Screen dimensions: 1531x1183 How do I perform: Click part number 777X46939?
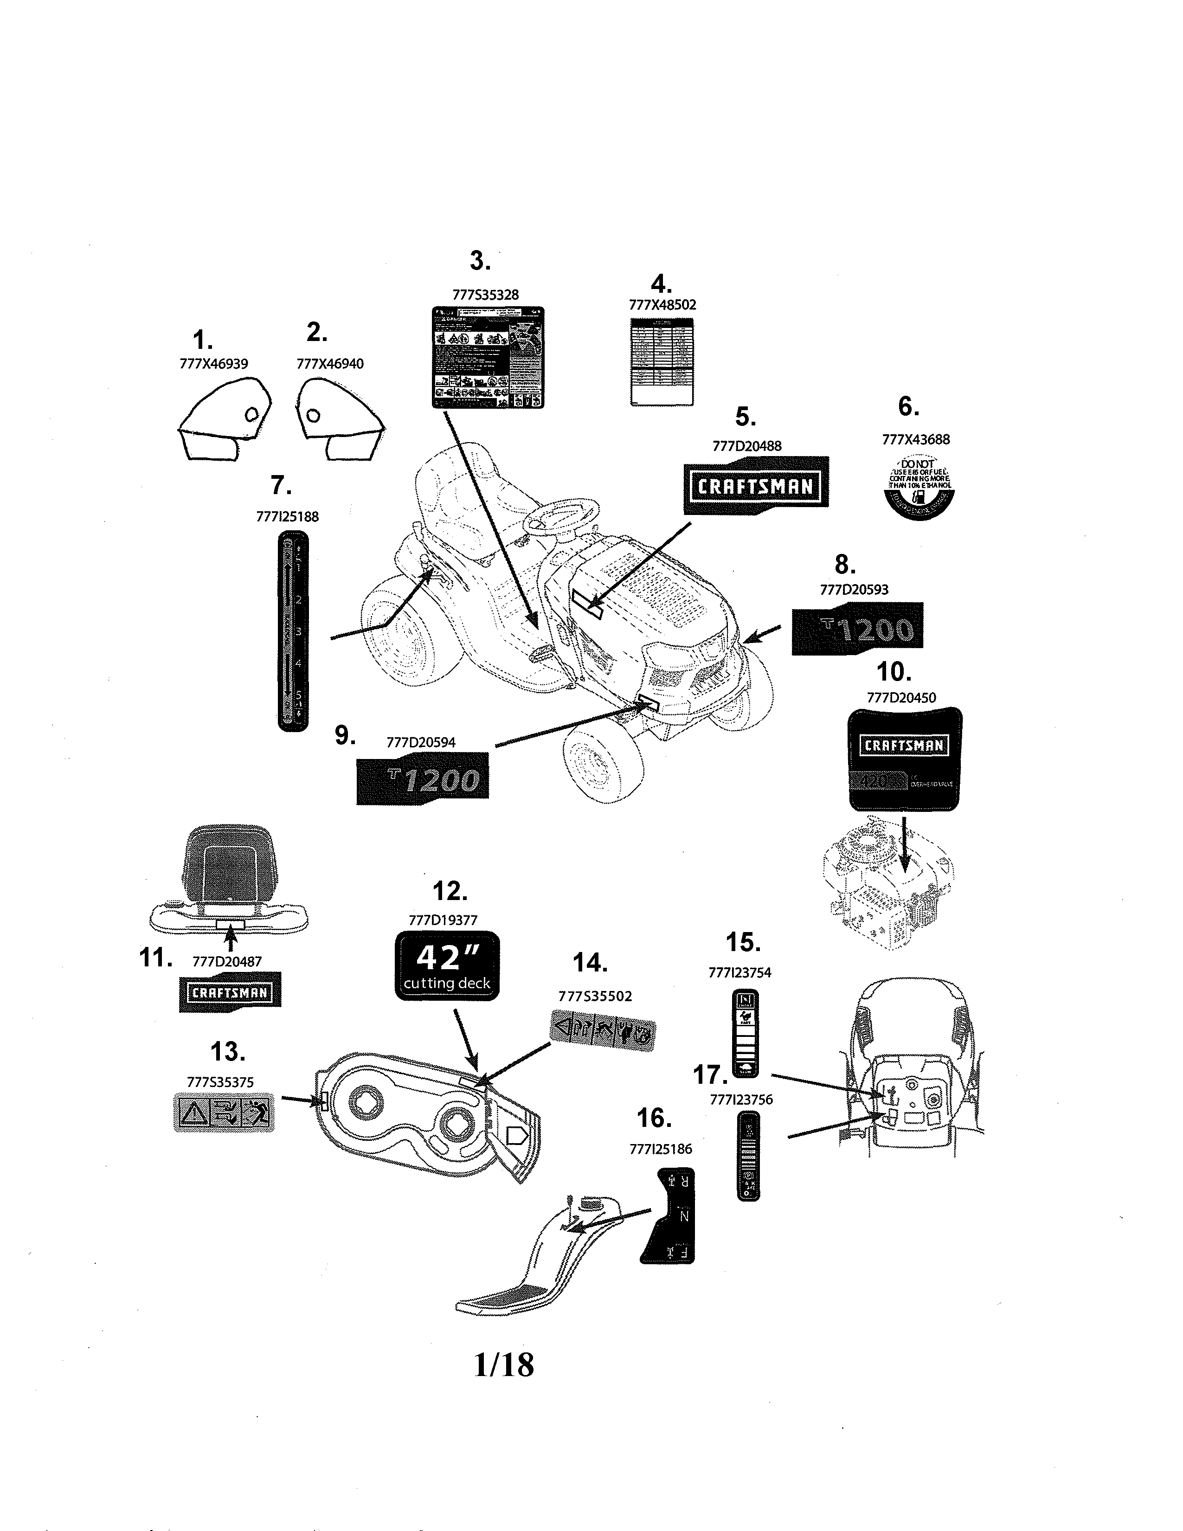tap(214, 363)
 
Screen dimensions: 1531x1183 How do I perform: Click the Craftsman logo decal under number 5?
tap(755, 485)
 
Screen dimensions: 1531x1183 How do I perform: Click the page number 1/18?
tap(503, 1365)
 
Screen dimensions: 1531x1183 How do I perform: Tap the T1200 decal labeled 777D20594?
tap(423, 779)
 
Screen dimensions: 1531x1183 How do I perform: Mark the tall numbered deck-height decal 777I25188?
tap(292, 631)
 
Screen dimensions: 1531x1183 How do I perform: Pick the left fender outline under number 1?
tap(223, 419)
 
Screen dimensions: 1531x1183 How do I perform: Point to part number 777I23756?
tap(741, 1100)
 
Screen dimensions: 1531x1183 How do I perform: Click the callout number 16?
tap(653, 1118)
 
